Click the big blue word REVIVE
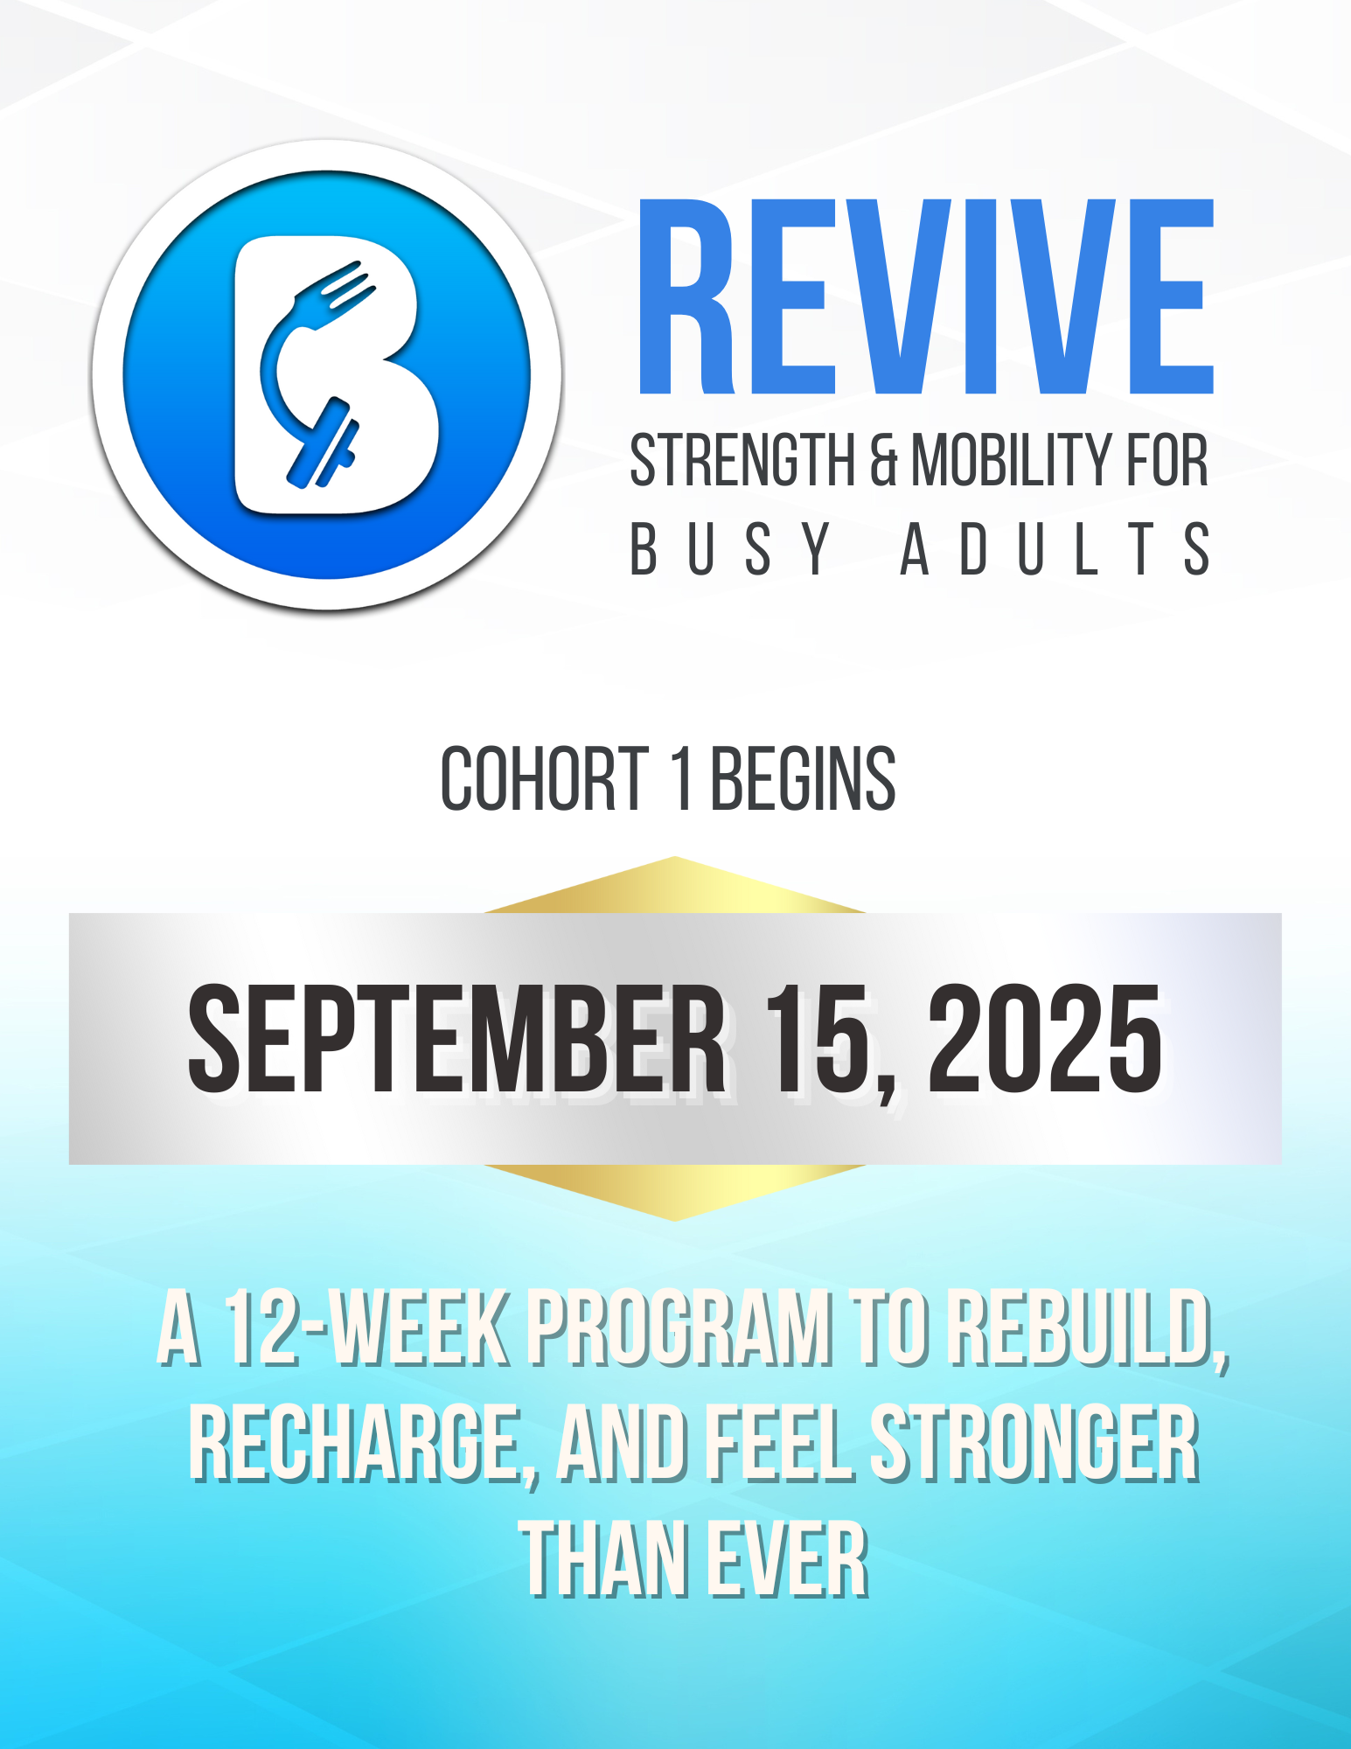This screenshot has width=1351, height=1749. click(x=926, y=296)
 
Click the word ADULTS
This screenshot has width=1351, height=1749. click(x=1055, y=549)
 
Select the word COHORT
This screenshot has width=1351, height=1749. click(x=545, y=778)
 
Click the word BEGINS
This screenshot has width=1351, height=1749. click(x=803, y=778)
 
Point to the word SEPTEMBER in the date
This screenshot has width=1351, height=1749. click(x=456, y=1038)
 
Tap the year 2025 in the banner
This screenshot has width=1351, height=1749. click(x=1045, y=1038)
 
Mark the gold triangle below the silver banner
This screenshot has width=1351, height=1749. click(x=675, y=1189)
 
